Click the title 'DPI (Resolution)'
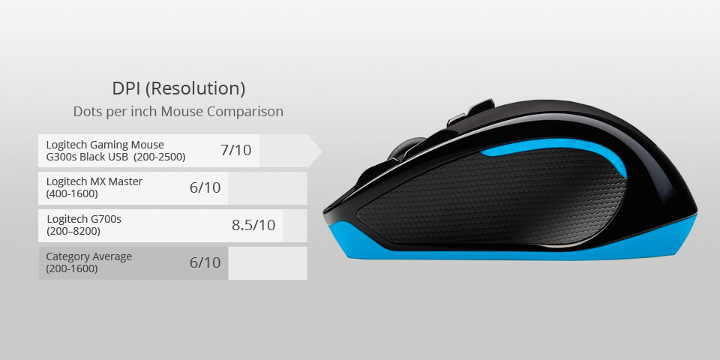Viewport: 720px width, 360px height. [178, 88]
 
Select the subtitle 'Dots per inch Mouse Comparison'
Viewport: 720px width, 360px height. [178, 112]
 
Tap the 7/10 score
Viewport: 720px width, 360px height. [235, 150]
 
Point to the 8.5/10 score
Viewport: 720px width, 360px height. [253, 225]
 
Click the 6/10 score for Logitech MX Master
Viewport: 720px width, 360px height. [205, 187]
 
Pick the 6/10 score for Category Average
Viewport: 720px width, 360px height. [205, 262]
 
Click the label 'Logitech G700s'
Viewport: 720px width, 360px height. [84, 219]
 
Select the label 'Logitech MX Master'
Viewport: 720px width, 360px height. [94, 181]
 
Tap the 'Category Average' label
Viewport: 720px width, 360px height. [89, 256]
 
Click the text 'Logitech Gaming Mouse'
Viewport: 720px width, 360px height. [105, 144]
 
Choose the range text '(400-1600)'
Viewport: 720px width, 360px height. [72, 193]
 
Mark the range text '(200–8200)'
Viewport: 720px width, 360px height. [72, 231]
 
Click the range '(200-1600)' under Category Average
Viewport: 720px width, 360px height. [72, 268]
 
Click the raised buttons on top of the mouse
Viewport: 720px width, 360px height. [471, 112]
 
